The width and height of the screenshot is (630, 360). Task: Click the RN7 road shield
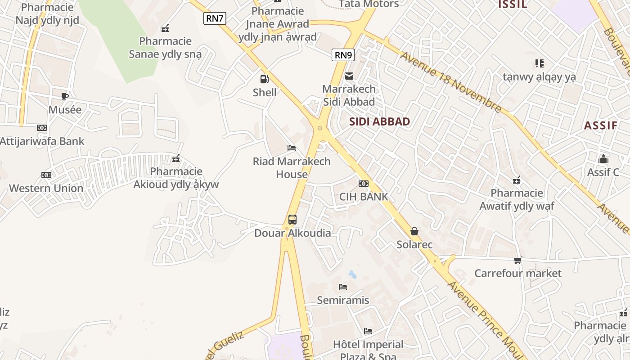(215, 18)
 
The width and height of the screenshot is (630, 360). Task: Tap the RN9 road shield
(343, 55)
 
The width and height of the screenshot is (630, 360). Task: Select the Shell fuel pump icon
(264, 79)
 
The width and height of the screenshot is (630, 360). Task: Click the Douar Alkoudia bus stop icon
(292, 220)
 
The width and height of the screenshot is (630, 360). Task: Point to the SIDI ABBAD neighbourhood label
(379, 121)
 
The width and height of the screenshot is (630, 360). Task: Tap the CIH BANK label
(363, 197)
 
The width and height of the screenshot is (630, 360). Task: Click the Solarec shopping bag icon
(414, 231)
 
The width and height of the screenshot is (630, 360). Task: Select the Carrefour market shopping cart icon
(518, 260)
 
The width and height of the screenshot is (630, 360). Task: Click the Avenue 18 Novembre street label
(450, 82)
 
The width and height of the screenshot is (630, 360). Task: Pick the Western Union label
(46, 188)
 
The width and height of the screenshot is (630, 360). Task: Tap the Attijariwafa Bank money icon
(42, 128)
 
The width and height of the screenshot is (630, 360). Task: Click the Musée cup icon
(65, 96)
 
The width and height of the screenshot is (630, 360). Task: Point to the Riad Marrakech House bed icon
(292, 148)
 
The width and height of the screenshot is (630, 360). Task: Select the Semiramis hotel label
(343, 300)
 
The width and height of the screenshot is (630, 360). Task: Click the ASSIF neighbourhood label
(600, 126)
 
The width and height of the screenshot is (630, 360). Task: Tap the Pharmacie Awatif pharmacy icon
(517, 180)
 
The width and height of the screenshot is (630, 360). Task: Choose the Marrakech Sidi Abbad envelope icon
(349, 76)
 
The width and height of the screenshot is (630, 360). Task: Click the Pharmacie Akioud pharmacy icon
(176, 158)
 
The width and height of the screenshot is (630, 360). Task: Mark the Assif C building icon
(603, 159)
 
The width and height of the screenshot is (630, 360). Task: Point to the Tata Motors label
(369, 4)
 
